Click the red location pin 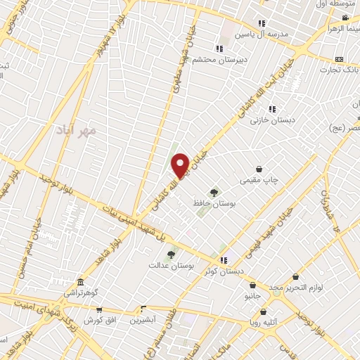[181, 165]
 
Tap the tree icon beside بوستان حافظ [213, 191]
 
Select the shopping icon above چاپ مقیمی [260, 169]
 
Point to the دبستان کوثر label [226, 270]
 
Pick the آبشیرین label [143, 320]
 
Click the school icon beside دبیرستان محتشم [219, 49]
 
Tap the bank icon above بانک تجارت [340, 59]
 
